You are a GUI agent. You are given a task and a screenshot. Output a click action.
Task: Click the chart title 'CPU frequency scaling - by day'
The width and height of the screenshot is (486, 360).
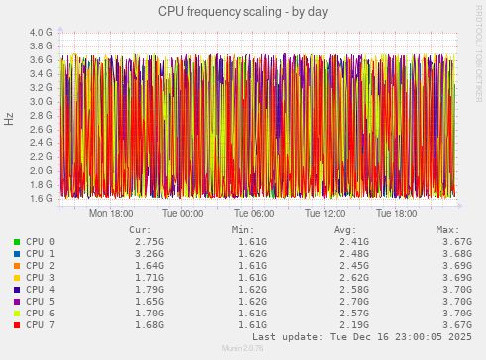tap(243, 12)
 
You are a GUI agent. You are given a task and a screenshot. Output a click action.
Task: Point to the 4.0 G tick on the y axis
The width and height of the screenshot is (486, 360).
tap(41, 32)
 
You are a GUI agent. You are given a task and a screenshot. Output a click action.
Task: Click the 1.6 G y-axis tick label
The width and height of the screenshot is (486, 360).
tap(41, 198)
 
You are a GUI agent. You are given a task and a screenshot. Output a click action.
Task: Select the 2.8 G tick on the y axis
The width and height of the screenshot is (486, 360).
tap(41, 115)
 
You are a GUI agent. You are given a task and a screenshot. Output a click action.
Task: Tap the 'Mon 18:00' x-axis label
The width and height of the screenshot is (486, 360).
tap(111, 213)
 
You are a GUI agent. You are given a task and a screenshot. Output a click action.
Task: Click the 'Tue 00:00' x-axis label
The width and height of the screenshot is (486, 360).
tap(183, 213)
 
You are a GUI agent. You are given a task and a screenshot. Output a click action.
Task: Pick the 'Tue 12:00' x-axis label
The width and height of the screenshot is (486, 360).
tap(327, 213)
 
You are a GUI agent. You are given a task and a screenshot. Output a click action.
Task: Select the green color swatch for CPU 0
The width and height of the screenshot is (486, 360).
tap(16, 241)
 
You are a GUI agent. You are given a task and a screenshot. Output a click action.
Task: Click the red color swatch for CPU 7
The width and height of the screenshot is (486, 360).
tap(16, 324)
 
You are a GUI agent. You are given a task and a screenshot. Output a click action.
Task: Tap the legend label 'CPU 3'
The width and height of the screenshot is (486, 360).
tap(41, 277)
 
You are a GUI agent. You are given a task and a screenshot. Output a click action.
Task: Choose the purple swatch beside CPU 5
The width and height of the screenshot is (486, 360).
tap(16, 301)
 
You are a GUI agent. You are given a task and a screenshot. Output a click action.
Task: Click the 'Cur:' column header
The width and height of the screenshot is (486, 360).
tap(140, 229)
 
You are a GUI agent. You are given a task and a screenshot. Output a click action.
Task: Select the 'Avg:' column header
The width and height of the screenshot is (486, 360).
tap(357, 229)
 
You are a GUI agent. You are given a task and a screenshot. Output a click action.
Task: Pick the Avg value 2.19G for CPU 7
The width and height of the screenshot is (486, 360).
tap(354, 324)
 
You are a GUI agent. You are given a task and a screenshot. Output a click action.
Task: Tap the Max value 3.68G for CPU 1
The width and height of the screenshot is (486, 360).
tap(456, 253)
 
